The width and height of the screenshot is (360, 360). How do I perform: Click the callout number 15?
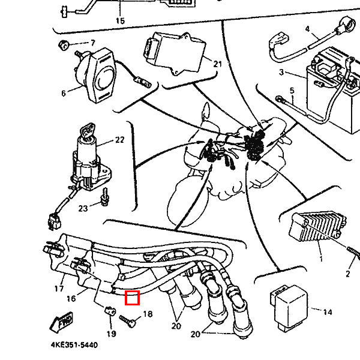coord(120,21)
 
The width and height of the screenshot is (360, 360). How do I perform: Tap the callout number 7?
coord(93,43)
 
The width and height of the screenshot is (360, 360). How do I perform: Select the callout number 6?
coord(63,94)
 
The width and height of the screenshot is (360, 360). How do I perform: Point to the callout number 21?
coord(217,64)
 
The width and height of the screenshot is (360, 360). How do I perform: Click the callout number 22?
coord(119,140)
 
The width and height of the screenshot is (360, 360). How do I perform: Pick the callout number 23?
coord(83,209)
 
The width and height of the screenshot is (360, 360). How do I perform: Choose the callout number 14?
coord(327,312)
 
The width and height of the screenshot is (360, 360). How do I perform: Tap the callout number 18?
coord(148,314)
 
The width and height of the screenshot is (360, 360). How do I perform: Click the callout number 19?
coord(111,334)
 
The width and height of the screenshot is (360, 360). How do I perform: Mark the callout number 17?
coord(59,289)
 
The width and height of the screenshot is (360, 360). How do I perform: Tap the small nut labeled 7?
coord(62,44)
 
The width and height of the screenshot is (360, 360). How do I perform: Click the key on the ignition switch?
coord(87,130)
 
